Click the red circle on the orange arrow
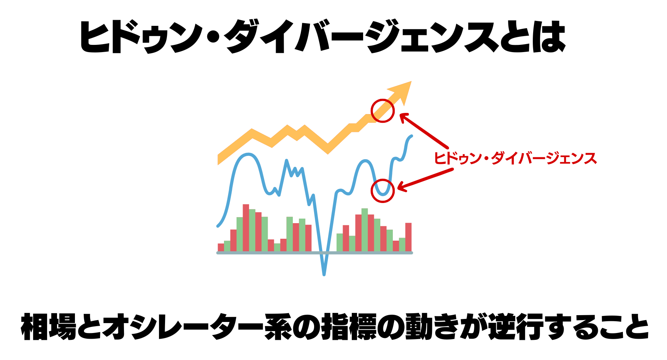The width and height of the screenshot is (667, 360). [x=383, y=111]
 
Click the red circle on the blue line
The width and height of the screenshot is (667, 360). [x=383, y=191]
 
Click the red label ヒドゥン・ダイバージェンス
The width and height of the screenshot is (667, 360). [x=515, y=158]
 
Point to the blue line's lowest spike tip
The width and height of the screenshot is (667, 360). [x=324, y=274]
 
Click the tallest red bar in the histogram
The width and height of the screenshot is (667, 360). [x=246, y=228]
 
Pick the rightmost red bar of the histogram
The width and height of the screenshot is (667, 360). [x=408, y=237]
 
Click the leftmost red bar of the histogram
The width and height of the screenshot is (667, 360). [x=221, y=247]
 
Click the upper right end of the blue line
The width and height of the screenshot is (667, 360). [x=411, y=136]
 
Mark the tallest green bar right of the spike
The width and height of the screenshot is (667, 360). [x=365, y=230]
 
